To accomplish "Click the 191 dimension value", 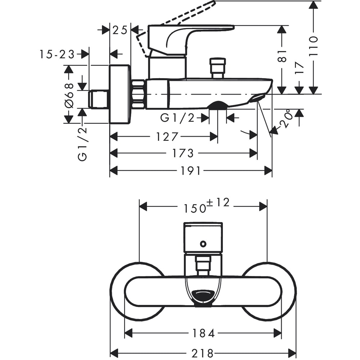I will coord(190,171).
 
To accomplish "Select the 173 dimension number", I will coord(183,153).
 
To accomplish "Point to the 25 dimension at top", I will coord(120,30).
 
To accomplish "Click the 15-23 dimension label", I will coord(57,54).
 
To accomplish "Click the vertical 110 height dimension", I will coord(314,45).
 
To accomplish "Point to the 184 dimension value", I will coord(203,333).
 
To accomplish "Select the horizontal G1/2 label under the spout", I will coord(177,117).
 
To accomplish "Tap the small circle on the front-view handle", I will coord(203,244).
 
